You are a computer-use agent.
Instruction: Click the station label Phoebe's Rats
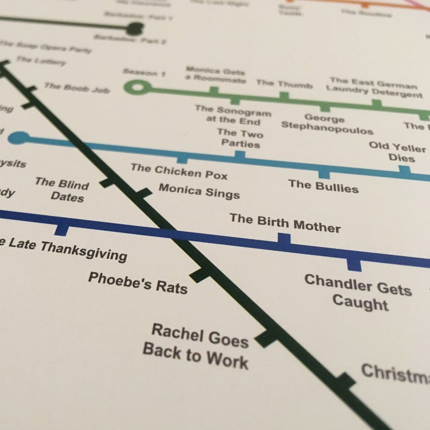coord(138,282)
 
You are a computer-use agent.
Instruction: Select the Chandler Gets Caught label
coord(358,292)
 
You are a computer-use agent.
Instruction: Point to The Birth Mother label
coord(285,221)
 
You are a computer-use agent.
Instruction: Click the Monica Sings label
coord(199,191)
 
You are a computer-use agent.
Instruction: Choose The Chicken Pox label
coord(179,171)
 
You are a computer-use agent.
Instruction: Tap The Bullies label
coord(323,186)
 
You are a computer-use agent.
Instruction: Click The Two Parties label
coord(240,139)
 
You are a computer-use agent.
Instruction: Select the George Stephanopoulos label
coord(327,125)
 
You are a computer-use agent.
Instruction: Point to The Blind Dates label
coord(62,189)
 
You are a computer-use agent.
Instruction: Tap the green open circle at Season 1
coord(136,87)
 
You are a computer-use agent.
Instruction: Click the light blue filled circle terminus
coord(19,138)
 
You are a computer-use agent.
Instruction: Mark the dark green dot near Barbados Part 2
coord(134,29)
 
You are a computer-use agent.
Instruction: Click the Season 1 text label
coord(144,73)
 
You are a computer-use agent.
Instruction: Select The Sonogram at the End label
coord(233,114)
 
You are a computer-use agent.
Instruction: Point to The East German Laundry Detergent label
coord(374,88)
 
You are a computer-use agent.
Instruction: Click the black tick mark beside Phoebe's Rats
coord(200,273)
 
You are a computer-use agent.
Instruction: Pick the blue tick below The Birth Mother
coord(284,239)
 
